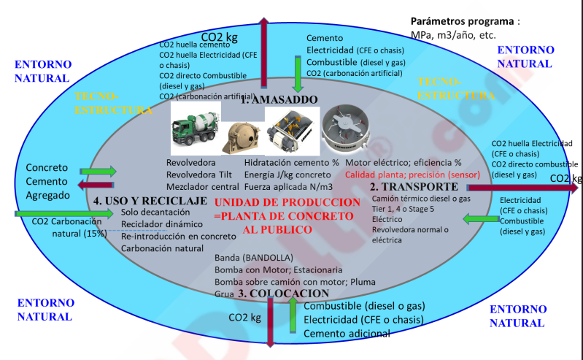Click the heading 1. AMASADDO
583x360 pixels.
279,99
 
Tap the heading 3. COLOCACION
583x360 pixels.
283,294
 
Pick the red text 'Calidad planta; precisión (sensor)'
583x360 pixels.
407,175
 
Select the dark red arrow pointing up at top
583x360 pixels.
264,44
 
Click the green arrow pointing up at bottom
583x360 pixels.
292,316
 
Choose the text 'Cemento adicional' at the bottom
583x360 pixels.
347,334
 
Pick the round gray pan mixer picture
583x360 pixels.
349,125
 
